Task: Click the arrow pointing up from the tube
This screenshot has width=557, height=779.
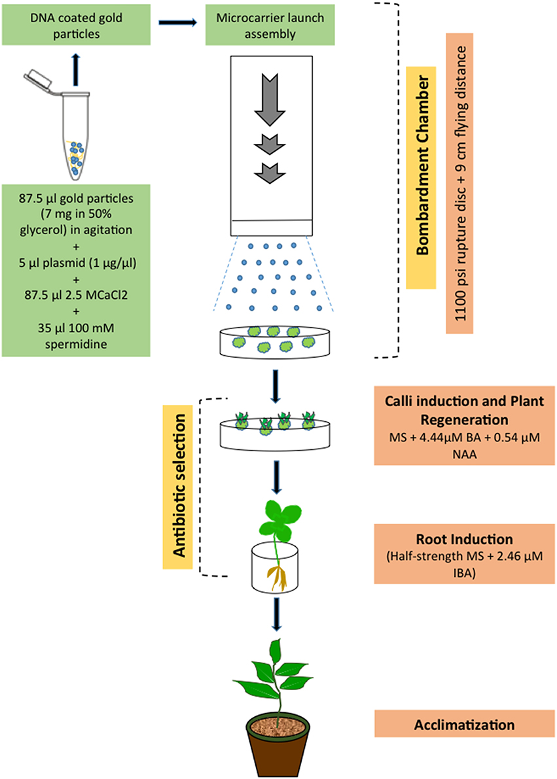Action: [x=77, y=69]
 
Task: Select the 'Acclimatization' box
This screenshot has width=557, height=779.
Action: [x=464, y=725]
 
